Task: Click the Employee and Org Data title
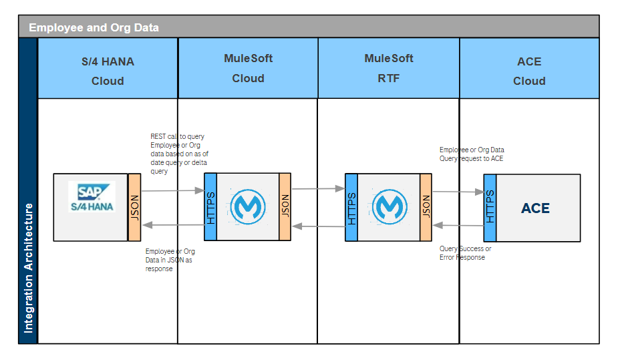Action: click(94, 27)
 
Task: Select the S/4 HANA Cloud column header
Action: click(108, 71)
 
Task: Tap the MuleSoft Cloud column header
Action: click(248, 68)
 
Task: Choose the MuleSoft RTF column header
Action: click(388, 68)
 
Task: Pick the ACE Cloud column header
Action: click(529, 71)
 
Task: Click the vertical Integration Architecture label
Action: click(28, 267)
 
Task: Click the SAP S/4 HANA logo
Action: click(92, 197)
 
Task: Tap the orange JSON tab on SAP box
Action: click(134, 207)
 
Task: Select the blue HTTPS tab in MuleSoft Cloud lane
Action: click(210, 206)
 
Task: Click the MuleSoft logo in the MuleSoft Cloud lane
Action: click(247, 206)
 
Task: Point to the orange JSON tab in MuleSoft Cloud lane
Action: click(285, 206)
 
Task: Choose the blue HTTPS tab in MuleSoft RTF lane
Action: click(351, 206)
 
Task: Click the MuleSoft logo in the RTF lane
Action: click(388, 206)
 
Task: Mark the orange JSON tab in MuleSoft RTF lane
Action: click(426, 206)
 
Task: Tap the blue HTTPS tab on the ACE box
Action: click(490, 208)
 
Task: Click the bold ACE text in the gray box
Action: click(535, 208)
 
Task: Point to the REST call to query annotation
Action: click(179, 154)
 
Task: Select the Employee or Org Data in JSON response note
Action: click(170, 260)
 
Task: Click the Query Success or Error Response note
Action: click(466, 252)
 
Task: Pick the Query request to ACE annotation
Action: click(472, 154)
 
